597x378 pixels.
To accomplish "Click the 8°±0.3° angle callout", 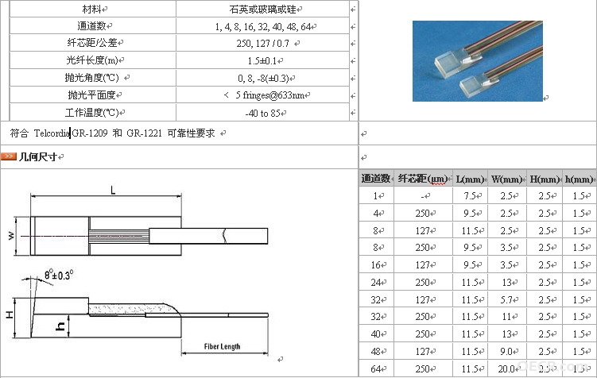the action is click(59, 275).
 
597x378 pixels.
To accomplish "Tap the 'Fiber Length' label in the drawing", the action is click(222, 346).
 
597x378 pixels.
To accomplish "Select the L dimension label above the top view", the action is click(113, 190).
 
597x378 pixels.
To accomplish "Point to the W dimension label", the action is click(11, 236).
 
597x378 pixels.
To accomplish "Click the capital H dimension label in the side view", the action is click(10, 314).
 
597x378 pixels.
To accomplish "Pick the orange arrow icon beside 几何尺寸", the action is click(9, 156).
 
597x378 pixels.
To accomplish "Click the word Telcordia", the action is click(52, 133).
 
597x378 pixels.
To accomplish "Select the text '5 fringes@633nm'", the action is click(269, 95).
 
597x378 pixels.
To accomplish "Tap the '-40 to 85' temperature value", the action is click(262, 113).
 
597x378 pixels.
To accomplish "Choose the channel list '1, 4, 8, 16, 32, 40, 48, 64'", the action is click(263, 27).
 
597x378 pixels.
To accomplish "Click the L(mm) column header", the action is click(470, 179).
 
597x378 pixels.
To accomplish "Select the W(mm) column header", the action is click(506, 179).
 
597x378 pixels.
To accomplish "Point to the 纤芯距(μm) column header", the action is click(423, 179).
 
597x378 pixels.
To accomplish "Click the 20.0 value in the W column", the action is click(506, 368).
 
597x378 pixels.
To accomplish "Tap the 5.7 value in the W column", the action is click(506, 299).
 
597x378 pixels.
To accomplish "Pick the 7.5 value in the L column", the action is click(470, 196).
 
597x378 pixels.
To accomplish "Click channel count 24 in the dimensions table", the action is click(376, 283).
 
